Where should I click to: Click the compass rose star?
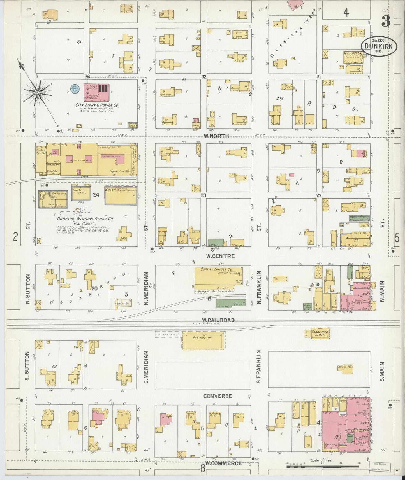(37, 92)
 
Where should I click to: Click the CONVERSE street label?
(217, 396)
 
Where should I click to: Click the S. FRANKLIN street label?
(258, 366)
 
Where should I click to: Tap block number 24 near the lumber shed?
(96, 195)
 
